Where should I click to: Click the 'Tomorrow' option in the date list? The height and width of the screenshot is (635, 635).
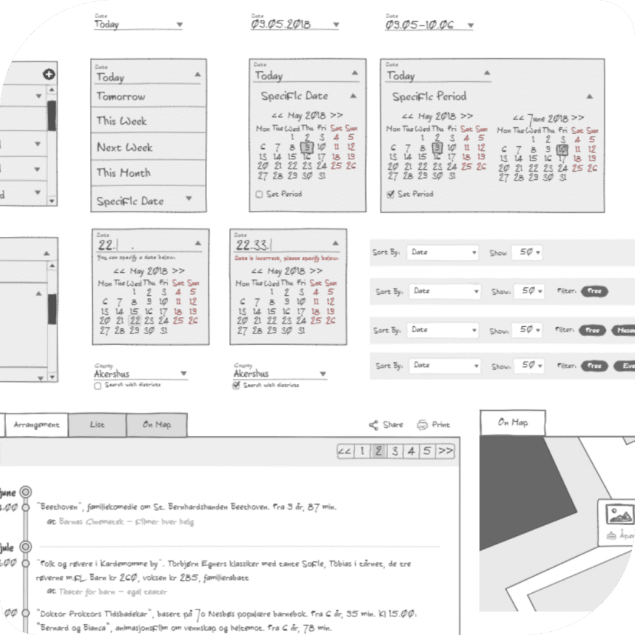pyautogui.click(x=121, y=97)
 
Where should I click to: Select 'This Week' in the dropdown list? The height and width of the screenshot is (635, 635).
pyautogui.click(x=122, y=121)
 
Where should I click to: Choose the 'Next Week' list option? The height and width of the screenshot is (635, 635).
pyautogui.click(x=124, y=148)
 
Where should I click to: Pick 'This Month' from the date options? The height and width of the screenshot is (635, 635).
pyautogui.click(x=123, y=173)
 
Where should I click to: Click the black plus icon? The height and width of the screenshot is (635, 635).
pyautogui.click(x=49, y=74)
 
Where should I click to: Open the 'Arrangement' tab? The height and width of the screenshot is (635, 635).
pyautogui.click(x=37, y=425)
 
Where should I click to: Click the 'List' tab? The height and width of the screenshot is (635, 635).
pyautogui.click(x=97, y=425)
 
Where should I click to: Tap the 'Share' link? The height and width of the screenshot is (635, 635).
pyautogui.click(x=386, y=425)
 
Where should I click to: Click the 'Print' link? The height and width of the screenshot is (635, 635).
pyautogui.click(x=434, y=425)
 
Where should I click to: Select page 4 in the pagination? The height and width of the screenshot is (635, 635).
pyautogui.click(x=411, y=451)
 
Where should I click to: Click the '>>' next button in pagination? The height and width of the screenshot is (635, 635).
pyautogui.click(x=445, y=451)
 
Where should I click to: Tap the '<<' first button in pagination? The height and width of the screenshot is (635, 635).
pyautogui.click(x=345, y=451)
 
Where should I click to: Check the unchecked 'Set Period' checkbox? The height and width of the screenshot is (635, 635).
pyautogui.click(x=259, y=195)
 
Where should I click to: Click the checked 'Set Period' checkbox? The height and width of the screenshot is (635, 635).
pyautogui.click(x=390, y=195)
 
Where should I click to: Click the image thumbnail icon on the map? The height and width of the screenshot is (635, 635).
pyautogui.click(x=620, y=514)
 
